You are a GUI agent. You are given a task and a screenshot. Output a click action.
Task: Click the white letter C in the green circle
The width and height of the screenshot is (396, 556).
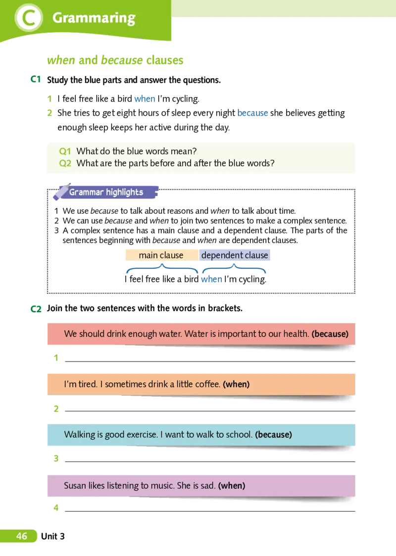(28, 18)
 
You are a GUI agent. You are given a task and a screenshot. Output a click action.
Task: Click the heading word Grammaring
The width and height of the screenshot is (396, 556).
(94, 18)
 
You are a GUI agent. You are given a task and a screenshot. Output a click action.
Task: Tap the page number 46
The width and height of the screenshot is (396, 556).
(21, 536)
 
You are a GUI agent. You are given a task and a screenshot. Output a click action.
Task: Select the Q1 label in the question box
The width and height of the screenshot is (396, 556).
(65, 151)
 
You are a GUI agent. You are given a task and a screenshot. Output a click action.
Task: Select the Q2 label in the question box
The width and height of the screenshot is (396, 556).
(65, 163)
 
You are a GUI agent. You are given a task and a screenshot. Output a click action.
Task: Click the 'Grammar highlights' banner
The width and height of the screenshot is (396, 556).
(106, 192)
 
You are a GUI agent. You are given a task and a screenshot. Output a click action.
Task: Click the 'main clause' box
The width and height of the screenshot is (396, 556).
(161, 255)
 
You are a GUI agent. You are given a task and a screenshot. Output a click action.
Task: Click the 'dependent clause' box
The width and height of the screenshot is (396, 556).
(235, 255)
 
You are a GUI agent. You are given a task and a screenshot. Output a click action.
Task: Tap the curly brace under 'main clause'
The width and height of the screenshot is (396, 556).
(162, 270)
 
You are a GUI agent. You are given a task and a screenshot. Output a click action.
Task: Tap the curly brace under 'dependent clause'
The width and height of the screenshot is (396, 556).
(234, 270)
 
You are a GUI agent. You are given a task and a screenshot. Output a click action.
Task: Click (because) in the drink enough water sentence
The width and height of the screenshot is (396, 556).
(330, 334)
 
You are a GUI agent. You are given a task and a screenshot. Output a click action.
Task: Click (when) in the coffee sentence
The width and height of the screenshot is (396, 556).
(236, 384)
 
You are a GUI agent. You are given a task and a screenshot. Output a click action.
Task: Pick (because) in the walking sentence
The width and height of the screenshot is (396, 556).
(273, 435)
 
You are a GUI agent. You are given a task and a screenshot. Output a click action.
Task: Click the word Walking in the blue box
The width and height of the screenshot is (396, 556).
(79, 435)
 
